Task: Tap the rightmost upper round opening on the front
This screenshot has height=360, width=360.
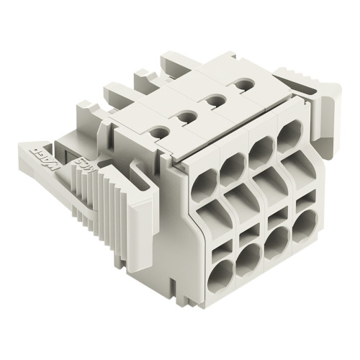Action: click(x=290, y=134)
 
